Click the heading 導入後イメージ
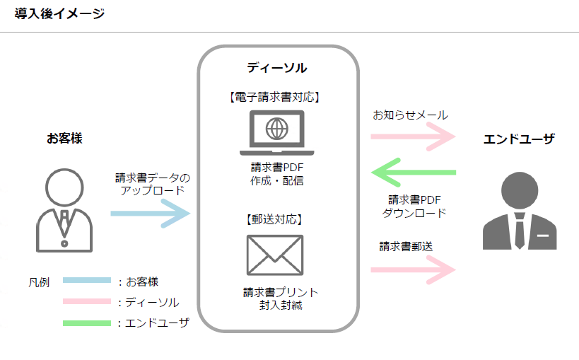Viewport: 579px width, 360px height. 59,13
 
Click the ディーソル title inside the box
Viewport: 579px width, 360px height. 277,68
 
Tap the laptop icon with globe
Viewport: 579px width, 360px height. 276,132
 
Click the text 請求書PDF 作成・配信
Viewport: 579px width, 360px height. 276,174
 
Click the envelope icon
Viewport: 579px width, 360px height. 275,255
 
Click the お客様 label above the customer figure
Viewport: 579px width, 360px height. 64,138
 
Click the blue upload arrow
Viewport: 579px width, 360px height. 150,213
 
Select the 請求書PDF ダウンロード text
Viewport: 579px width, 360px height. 414,206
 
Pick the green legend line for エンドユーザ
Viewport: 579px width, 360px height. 87,323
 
